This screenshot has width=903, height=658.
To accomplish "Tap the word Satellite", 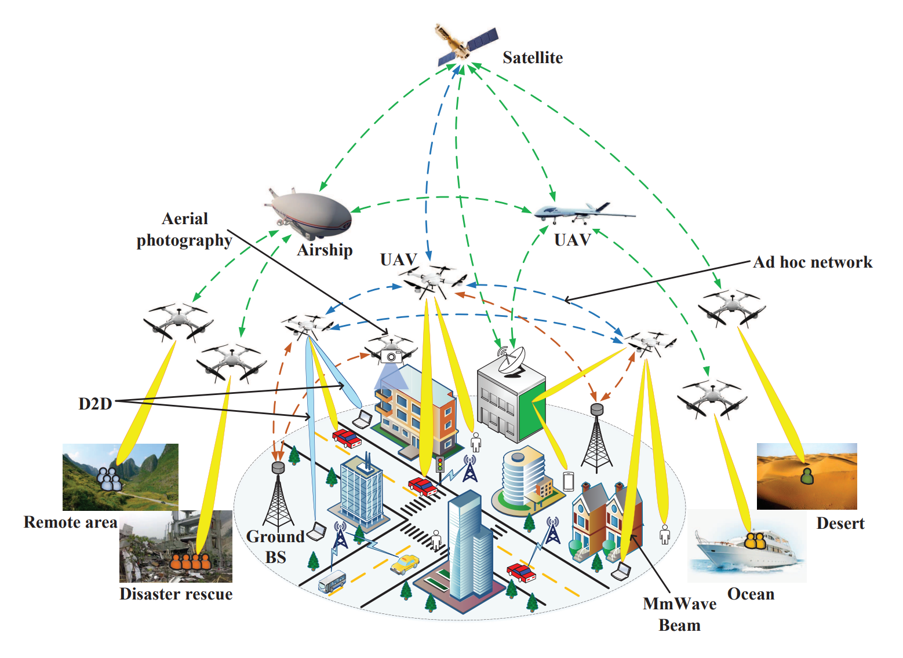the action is point(533,57).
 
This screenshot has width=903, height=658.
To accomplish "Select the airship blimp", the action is point(308,213).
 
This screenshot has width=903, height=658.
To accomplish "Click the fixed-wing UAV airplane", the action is point(584,213).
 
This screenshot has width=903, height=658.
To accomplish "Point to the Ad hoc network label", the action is point(813,262).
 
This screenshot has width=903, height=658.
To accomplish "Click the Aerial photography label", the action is point(185,230).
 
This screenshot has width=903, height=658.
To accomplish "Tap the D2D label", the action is point(95,404).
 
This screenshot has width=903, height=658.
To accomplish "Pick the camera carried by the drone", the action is point(391,356).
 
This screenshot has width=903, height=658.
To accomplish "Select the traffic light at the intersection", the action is point(440,465).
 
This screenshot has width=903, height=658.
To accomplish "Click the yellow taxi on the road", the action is point(405,564).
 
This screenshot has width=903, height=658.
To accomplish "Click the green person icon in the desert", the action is point(807,476).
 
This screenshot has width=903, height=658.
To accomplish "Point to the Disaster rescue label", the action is point(176,594).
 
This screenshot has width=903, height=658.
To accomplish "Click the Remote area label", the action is point(71,522).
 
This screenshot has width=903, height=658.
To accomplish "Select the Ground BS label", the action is point(276,547).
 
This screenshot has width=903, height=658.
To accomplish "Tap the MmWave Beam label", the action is point(680,615).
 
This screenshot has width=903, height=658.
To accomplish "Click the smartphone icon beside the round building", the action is point(568,481).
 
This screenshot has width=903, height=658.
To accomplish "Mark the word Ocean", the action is point(751,594).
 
